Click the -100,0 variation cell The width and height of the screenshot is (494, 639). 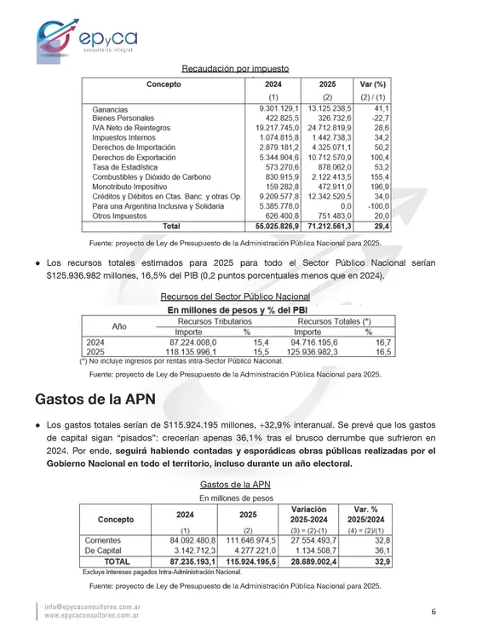point(376,205)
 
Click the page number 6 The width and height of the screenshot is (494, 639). point(434,612)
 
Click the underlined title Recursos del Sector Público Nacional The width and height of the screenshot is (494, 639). point(235,296)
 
